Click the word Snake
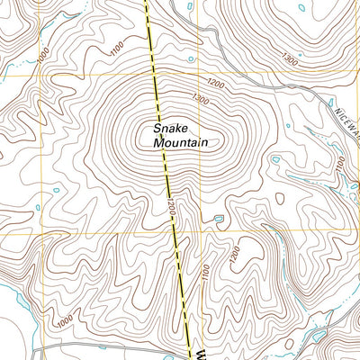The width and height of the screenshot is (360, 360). (171, 128)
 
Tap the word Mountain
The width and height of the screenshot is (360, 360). (180, 142)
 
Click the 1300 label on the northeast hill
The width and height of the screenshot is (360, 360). (289, 58)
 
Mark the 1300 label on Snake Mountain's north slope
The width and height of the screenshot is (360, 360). (200, 98)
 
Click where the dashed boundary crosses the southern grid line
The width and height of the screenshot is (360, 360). (176, 231)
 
